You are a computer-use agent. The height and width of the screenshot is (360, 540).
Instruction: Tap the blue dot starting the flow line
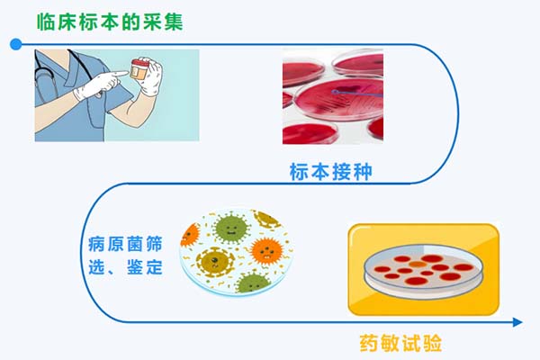13,44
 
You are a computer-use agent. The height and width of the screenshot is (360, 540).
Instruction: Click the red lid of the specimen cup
140,66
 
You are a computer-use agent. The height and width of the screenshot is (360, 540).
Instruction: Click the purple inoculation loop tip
334,92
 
